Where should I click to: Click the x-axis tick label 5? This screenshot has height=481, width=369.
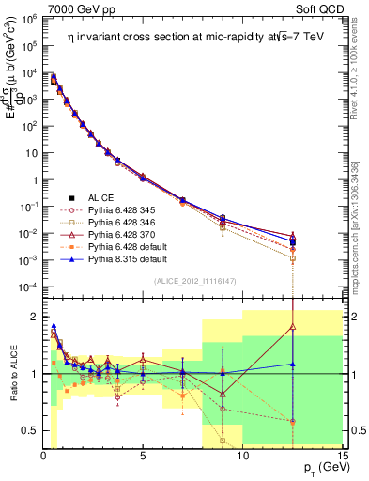tap(142, 457)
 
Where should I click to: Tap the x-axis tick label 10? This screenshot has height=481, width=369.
tap(242, 457)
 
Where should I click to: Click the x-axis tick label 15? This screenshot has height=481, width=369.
tap(342, 457)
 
